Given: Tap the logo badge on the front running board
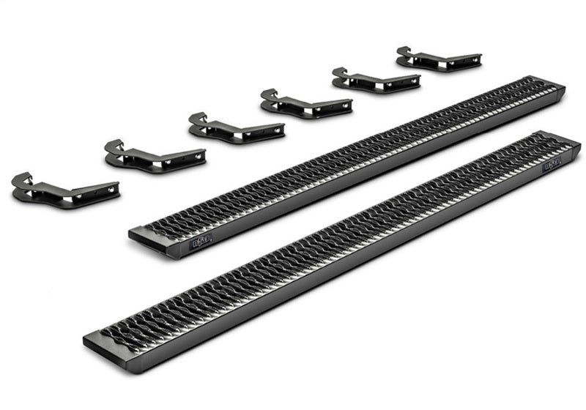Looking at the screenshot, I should click(x=551, y=164).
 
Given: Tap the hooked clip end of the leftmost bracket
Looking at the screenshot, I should click(x=22, y=180).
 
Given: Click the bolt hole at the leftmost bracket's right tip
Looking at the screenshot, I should click(x=111, y=190).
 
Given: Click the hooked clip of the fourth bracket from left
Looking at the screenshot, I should click(x=270, y=94).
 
